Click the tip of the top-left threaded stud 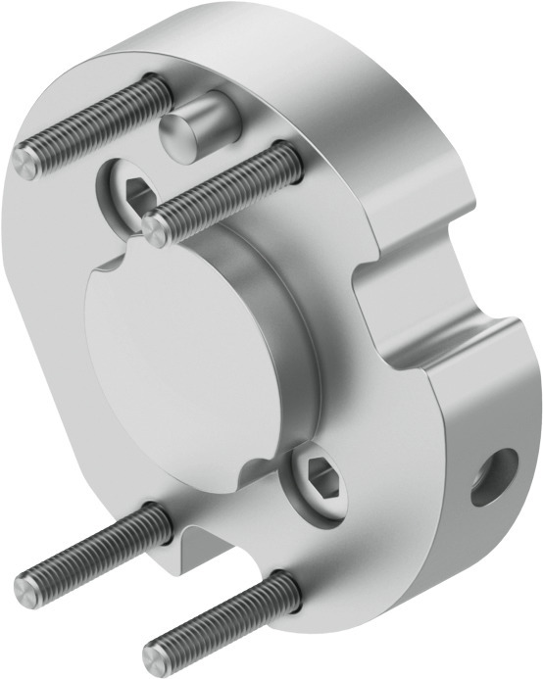pyautogui.click(x=27, y=162)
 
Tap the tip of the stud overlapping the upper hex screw pyautogui.click(x=154, y=228)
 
